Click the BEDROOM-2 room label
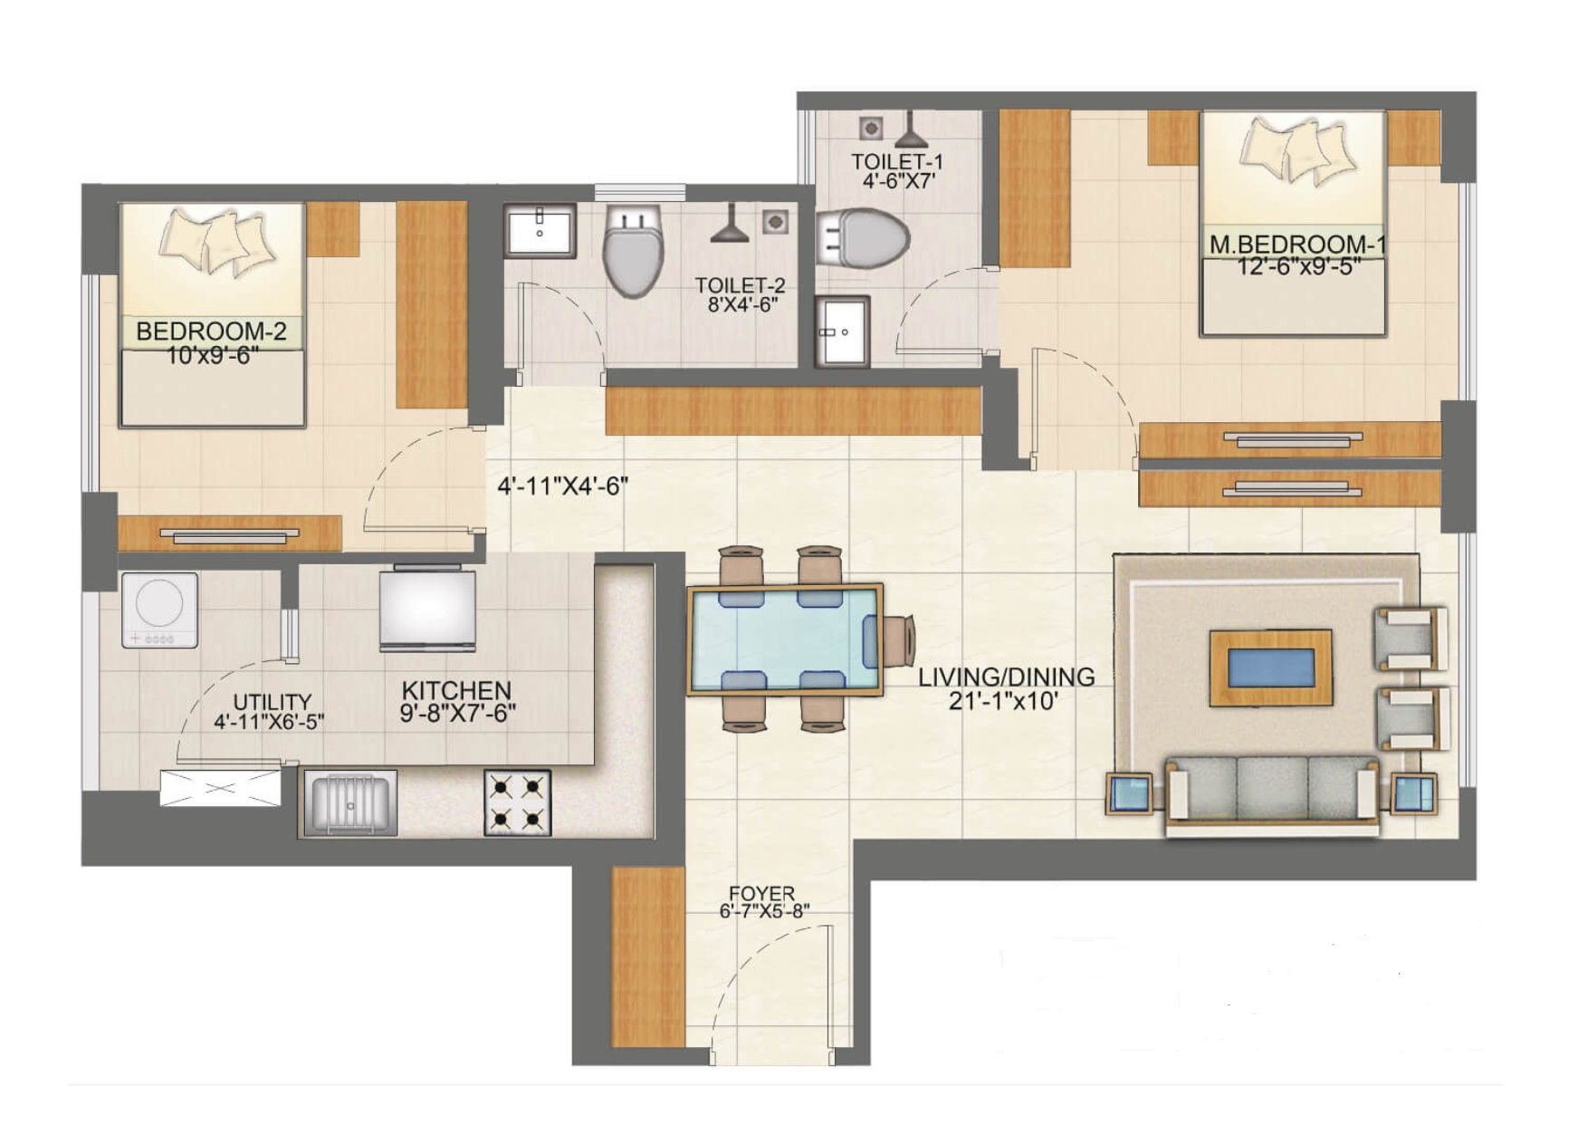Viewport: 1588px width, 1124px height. click(211, 331)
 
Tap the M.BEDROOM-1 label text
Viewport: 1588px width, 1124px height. click(1297, 245)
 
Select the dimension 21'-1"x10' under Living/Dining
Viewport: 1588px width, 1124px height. click(1004, 700)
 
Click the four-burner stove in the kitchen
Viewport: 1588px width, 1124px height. click(518, 802)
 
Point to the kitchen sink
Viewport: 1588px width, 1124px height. click(350, 802)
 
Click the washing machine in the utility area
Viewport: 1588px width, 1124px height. click(160, 610)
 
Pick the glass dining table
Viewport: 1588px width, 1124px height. click(784, 639)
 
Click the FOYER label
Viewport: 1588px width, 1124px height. click(761, 894)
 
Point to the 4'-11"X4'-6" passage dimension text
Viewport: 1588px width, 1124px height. click(562, 487)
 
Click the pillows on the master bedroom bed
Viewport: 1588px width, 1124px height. click(1297, 151)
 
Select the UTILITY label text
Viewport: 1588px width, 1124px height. click(272, 702)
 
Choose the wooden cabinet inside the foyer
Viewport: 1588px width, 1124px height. click(647, 956)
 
